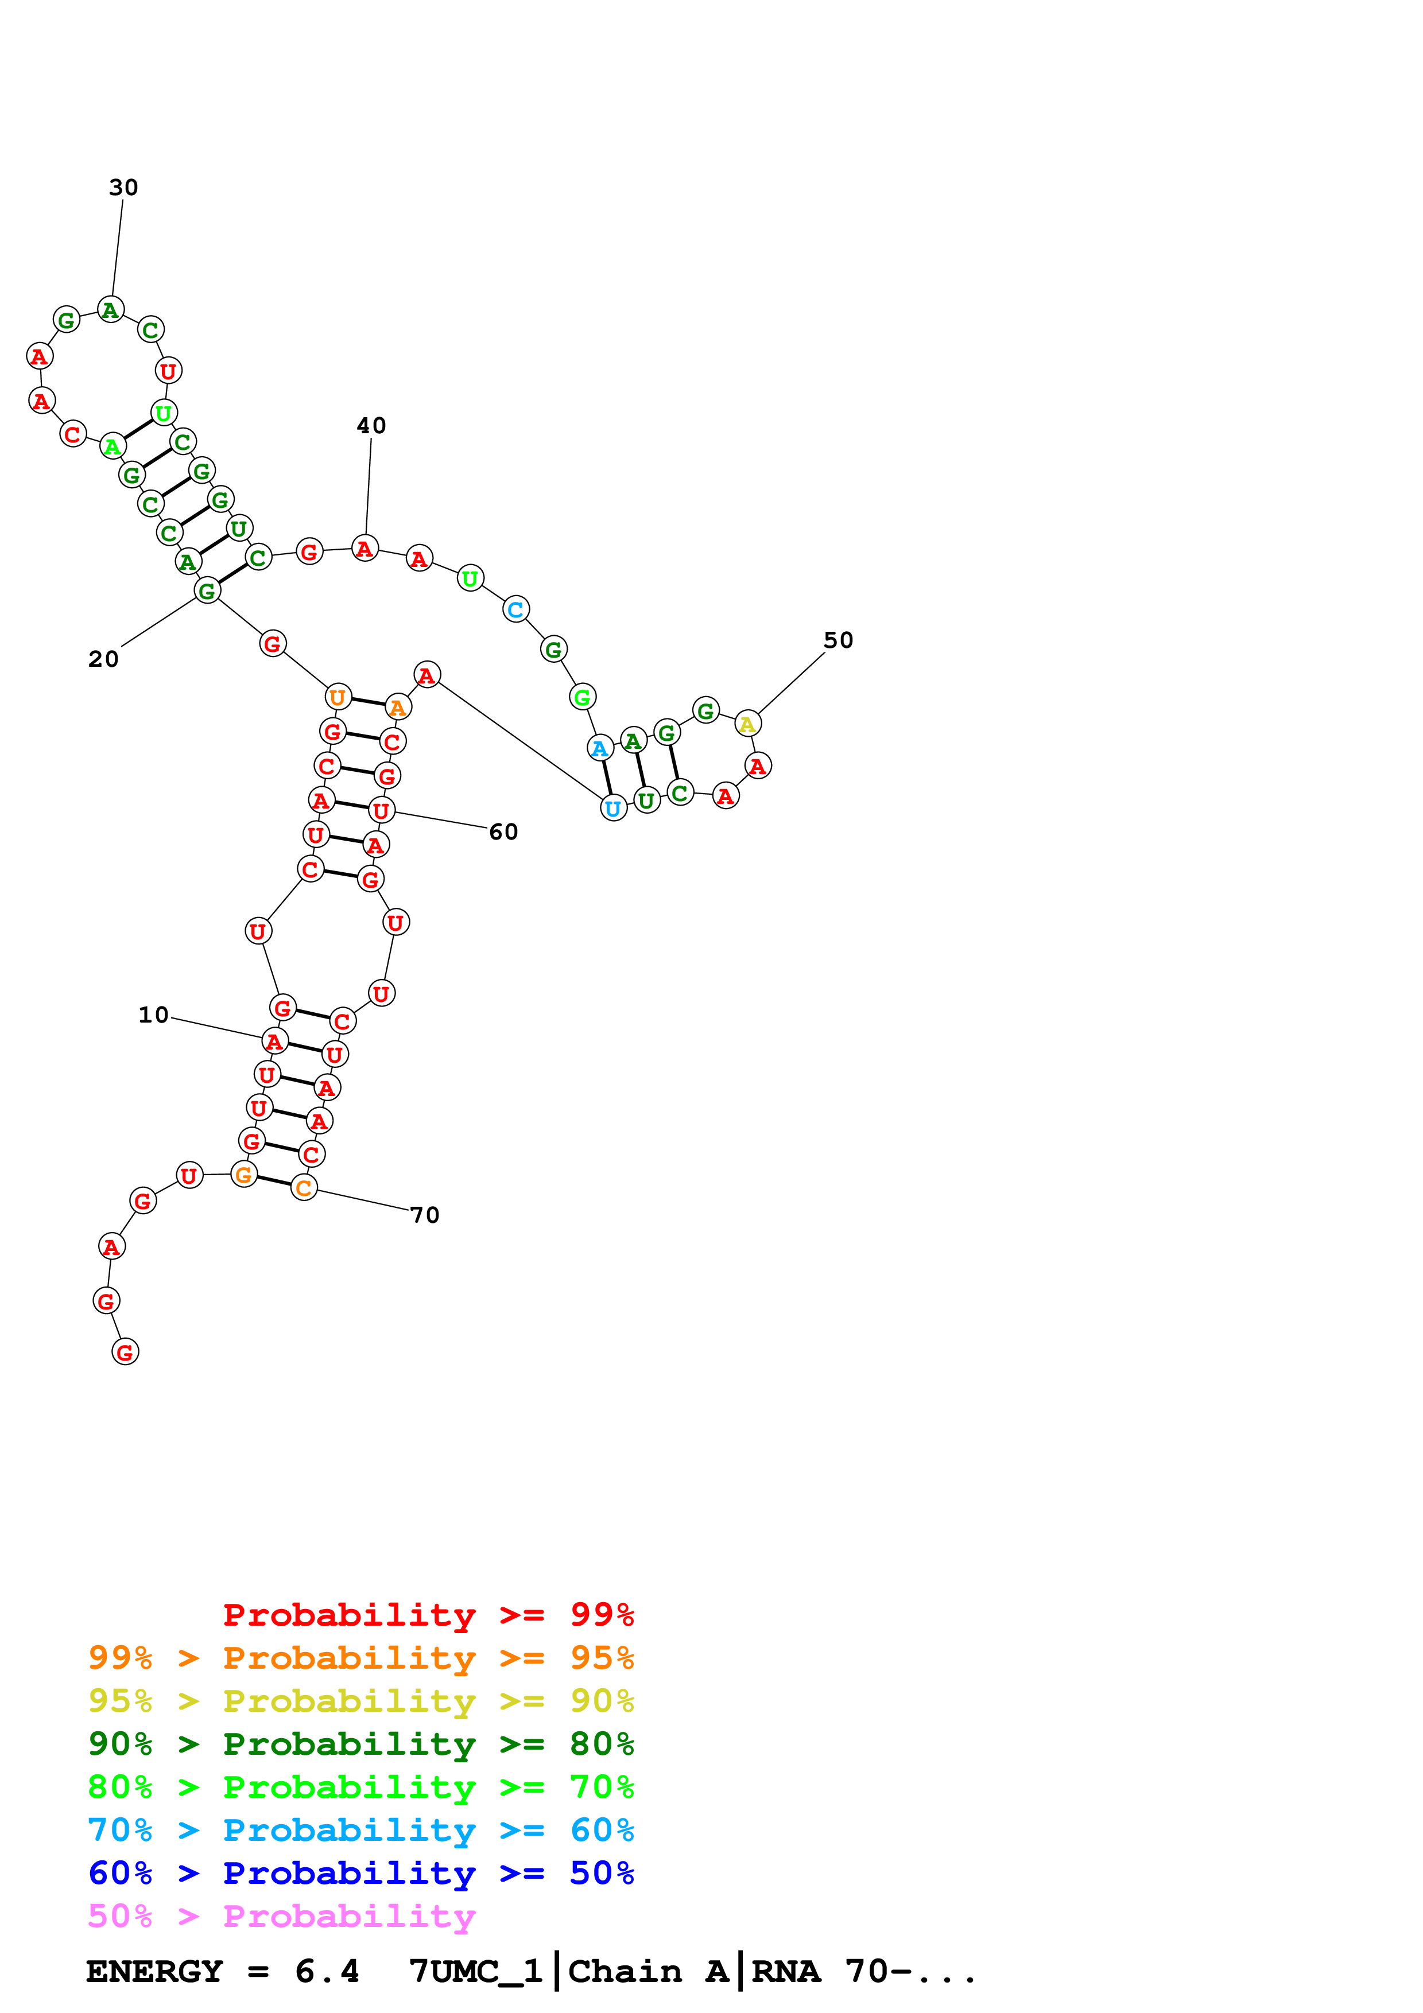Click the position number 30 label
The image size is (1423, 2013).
pos(123,188)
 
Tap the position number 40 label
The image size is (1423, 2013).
pos(371,426)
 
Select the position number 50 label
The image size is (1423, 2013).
pos(838,641)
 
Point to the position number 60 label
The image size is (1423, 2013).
pos(503,832)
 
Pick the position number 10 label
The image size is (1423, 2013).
pos(153,1015)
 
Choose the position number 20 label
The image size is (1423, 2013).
pos(103,659)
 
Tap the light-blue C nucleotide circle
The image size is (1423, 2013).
pos(515,609)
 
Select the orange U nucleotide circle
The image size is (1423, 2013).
pos(338,697)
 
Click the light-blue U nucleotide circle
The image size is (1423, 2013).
pos(614,809)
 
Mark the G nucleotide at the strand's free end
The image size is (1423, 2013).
pos(125,1352)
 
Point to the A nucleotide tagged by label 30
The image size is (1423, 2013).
pos(110,309)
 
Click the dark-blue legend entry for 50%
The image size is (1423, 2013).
pos(360,1874)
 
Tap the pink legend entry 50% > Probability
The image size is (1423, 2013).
pos(281,1917)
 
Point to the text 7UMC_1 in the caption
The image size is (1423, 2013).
pos(475,1972)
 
